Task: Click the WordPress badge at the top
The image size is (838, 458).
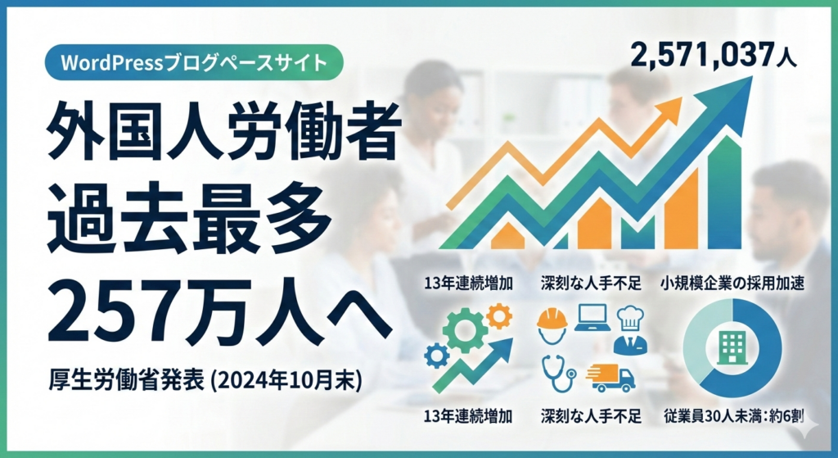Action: pyautogui.click(x=193, y=62)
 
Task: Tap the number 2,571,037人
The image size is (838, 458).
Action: pyautogui.click(x=714, y=55)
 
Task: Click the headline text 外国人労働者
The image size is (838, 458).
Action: pyautogui.click(x=223, y=130)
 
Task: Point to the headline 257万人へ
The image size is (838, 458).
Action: pyautogui.click(x=219, y=311)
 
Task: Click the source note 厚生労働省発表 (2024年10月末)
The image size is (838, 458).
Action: pyautogui.click(x=205, y=381)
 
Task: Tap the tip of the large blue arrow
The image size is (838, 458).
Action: pyautogui.click(x=752, y=76)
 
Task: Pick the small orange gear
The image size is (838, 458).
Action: pyautogui.click(x=499, y=316)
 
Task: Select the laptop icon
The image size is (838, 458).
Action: pyautogui.click(x=592, y=318)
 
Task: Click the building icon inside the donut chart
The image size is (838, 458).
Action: pyautogui.click(x=732, y=347)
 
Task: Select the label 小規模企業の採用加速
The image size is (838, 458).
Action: pyautogui.click(x=732, y=283)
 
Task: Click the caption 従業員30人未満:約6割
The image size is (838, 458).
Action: pyautogui.click(x=734, y=415)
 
